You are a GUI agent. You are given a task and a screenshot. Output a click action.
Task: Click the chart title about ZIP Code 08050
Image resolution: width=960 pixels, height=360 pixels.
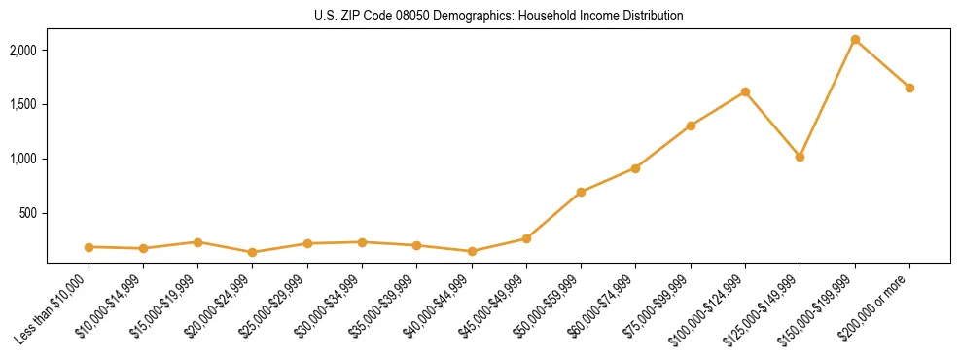[x=498, y=17]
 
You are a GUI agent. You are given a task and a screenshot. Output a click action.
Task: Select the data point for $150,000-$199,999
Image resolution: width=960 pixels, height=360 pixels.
[x=855, y=39]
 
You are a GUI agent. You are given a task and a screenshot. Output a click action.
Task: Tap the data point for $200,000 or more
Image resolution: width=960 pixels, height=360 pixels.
[x=909, y=88]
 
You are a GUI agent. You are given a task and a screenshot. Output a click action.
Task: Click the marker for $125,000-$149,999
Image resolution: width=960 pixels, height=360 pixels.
[x=800, y=157]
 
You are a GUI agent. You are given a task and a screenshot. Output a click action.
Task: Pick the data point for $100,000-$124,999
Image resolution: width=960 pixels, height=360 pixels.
[x=745, y=91]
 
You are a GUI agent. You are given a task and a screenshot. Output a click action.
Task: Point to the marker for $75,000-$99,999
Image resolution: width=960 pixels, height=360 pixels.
[x=691, y=126]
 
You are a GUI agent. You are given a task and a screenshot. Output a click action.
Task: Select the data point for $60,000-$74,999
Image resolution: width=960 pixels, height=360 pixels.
[x=635, y=168]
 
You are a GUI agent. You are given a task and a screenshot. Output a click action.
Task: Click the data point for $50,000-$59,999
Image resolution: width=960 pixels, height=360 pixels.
[x=581, y=192]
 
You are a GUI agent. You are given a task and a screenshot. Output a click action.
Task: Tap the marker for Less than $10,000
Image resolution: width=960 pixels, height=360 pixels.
[x=89, y=247]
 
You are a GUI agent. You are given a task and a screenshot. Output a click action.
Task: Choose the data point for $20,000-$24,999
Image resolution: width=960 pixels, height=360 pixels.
[x=252, y=252]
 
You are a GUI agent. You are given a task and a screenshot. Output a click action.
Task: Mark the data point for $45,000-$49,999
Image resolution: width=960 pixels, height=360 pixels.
[x=526, y=238]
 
